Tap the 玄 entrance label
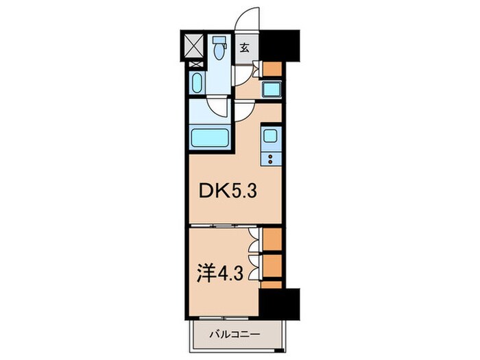244,48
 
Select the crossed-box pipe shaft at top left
195,47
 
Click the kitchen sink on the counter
269,136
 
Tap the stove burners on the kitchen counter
269,159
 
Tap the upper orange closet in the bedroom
272,241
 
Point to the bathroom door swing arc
219,106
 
